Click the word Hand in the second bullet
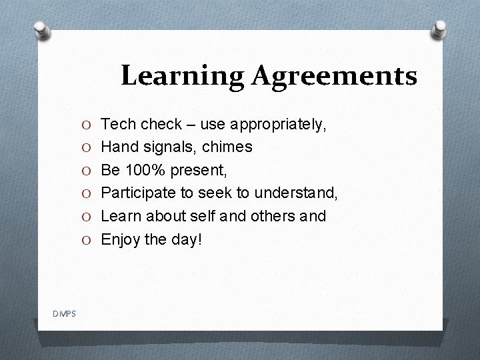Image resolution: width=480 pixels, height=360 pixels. [118, 147]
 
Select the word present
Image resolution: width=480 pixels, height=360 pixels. [199, 171]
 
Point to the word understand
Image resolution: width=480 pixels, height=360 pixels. [297, 193]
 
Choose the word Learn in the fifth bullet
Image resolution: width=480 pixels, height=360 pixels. [119, 216]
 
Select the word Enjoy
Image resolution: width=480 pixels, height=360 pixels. [120, 239]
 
